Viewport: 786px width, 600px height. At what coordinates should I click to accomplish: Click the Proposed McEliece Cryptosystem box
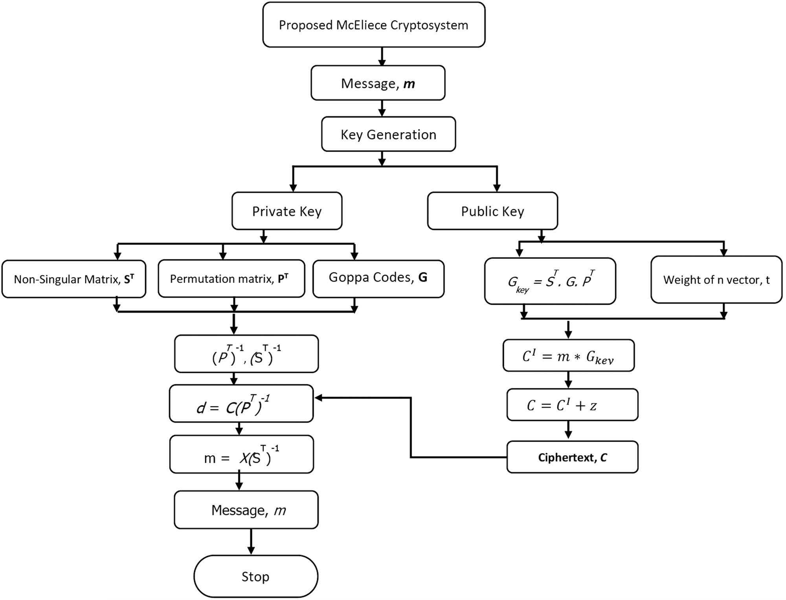(x=374, y=25)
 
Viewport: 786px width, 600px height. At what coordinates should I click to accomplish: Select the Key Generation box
(x=388, y=134)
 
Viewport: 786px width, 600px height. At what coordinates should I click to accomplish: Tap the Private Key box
(x=287, y=211)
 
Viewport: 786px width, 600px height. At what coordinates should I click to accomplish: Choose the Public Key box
(x=492, y=211)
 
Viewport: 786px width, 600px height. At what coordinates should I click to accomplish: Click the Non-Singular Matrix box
(x=74, y=279)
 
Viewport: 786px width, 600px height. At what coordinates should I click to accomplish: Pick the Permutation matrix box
(x=231, y=278)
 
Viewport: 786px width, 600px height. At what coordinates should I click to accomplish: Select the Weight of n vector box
(x=716, y=280)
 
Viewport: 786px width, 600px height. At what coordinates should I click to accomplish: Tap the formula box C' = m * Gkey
(x=568, y=356)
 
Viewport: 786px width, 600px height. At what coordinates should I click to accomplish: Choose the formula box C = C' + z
(x=572, y=405)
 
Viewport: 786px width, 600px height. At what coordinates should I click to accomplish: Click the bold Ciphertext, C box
(x=572, y=457)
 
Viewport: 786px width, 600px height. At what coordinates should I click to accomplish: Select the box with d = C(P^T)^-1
(x=241, y=404)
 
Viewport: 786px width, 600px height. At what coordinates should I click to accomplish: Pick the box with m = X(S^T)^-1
(x=241, y=455)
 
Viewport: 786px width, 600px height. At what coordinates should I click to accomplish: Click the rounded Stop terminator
(x=255, y=576)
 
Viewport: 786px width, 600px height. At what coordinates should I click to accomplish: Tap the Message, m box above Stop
(x=246, y=510)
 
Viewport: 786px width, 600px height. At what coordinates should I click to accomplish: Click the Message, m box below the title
(x=378, y=83)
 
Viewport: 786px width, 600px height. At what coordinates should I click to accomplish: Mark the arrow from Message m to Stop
(x=251, y=542)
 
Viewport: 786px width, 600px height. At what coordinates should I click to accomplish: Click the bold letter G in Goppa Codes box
(x=423, y=277)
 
